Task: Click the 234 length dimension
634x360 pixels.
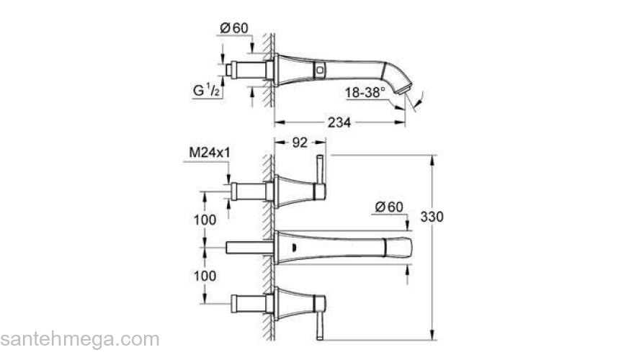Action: click(339, 122)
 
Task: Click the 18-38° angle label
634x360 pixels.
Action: click(365, 91)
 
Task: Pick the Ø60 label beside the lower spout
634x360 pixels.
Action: click(390, 207)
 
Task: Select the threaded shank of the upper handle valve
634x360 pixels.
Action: click(249, 192)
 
